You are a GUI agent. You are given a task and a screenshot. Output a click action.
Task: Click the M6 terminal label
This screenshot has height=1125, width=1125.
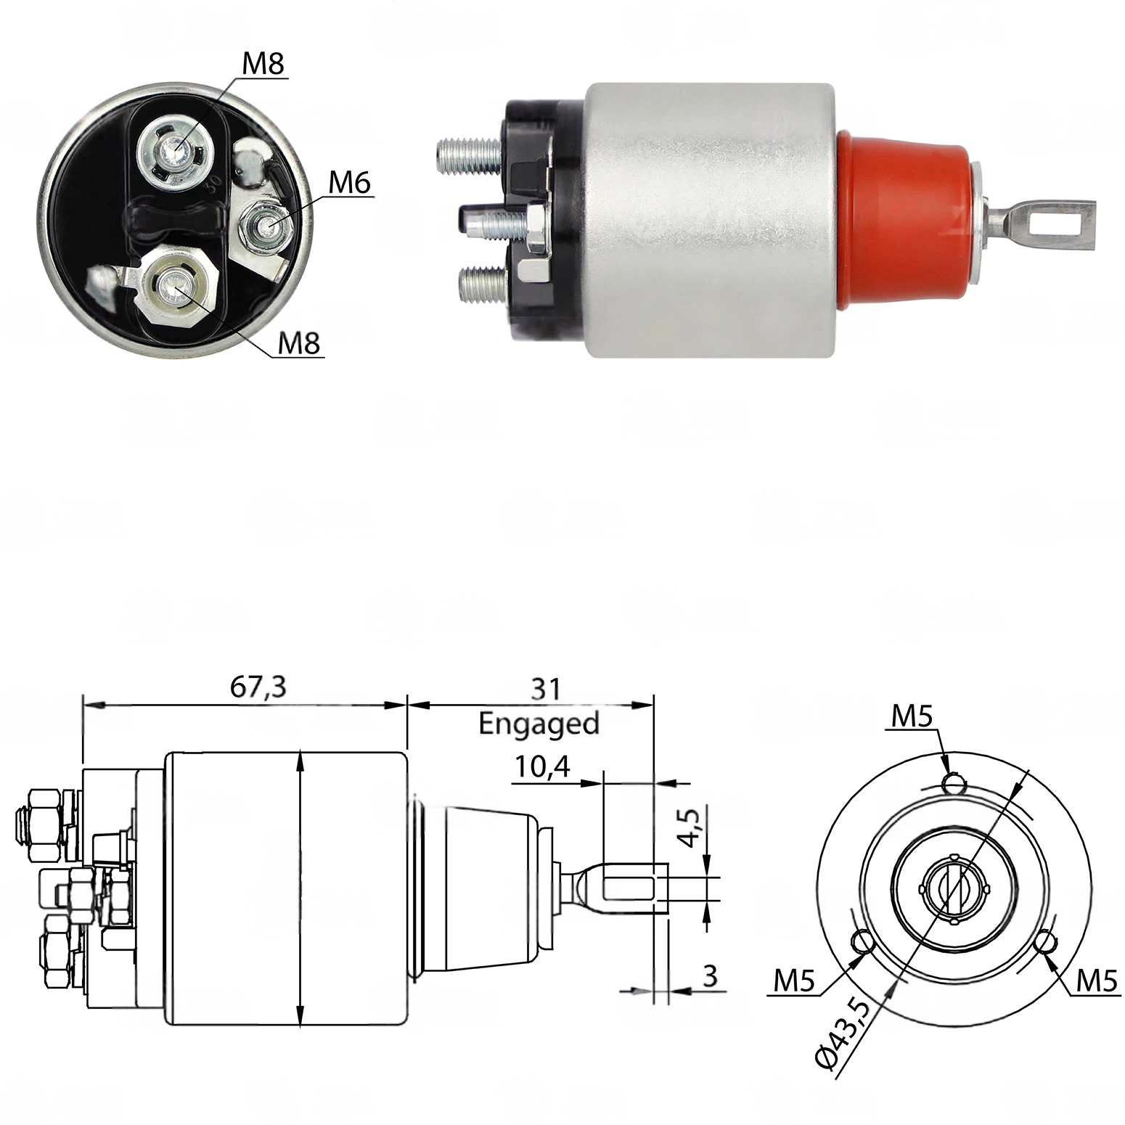point(349,183)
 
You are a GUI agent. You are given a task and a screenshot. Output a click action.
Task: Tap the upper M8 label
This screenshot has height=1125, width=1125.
point(263,64)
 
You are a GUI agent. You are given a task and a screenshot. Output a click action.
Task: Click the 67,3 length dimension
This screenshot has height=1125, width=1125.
point(258,687)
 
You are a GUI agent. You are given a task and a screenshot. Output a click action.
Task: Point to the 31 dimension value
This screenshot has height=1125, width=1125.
point(545,689)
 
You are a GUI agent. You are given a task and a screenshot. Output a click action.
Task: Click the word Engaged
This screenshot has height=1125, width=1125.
point(539,724)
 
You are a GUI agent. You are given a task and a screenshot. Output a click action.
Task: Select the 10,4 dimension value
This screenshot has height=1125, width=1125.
point(543,766)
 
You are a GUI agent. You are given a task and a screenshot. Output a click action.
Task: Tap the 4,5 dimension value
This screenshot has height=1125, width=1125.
point(692,827)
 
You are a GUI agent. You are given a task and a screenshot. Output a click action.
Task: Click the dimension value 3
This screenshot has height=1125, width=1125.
point(710,976)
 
